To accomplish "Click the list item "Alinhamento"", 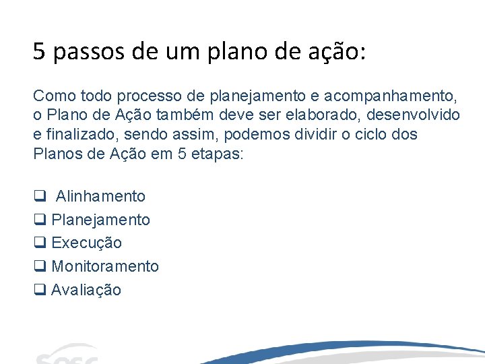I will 100,196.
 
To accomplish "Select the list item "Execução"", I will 86,243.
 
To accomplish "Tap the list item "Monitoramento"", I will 105,266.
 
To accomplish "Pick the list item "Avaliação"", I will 86,290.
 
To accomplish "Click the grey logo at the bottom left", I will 67,355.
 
